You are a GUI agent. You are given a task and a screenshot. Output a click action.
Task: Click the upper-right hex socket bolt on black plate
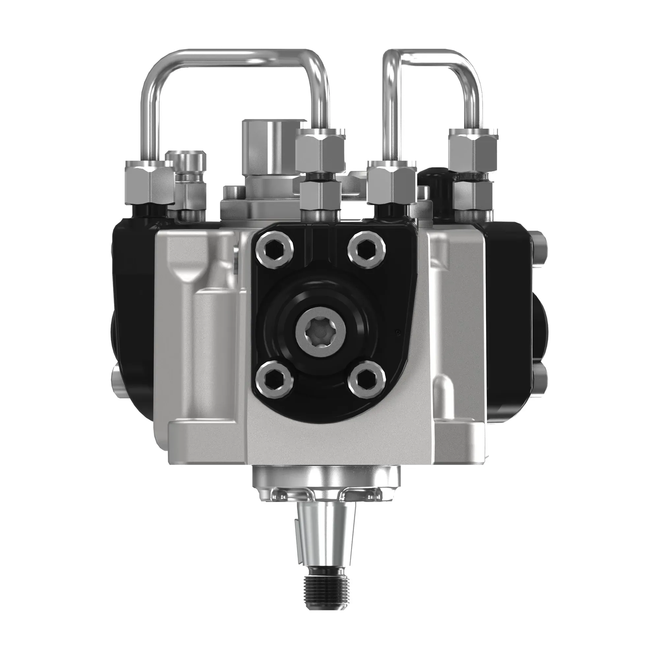[367, 248]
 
